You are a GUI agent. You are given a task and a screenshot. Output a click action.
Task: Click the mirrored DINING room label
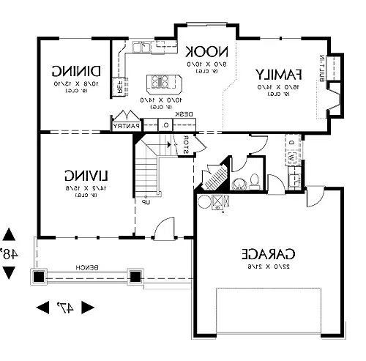point(75,71)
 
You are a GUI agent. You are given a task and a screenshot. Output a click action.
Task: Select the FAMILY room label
point(278,74)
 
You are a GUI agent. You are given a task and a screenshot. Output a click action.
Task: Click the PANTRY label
point(127,126)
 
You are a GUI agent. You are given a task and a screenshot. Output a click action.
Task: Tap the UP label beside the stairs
point(146,201)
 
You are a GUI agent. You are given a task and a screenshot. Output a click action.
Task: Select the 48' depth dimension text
point(9,254)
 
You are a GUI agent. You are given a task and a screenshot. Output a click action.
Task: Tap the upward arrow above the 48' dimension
point(9,234)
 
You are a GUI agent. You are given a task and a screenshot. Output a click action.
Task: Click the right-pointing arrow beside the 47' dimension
point(91,308)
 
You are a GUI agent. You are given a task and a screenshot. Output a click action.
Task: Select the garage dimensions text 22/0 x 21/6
point(268,268)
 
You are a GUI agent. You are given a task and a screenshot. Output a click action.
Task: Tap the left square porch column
point(37,277)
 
